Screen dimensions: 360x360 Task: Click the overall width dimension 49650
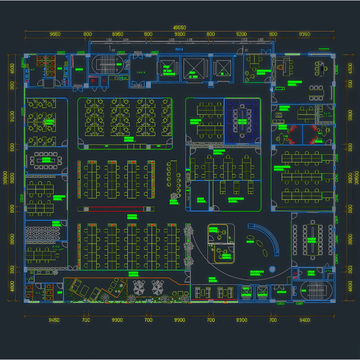(x=180, y=27)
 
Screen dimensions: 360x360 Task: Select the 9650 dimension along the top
(x=55, y=34)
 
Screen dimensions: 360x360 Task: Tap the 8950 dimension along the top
(x=117, y=34)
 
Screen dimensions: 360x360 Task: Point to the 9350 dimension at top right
(x=305, y=34)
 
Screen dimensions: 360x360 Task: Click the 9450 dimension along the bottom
(x=54, y=320)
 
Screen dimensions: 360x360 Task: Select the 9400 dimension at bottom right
(x=305, y=320)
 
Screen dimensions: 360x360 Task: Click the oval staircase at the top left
(x=107, y=65)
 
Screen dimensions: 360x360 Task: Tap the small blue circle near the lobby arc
(x=272, y=269)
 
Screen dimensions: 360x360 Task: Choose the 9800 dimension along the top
(x=180, y=34)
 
